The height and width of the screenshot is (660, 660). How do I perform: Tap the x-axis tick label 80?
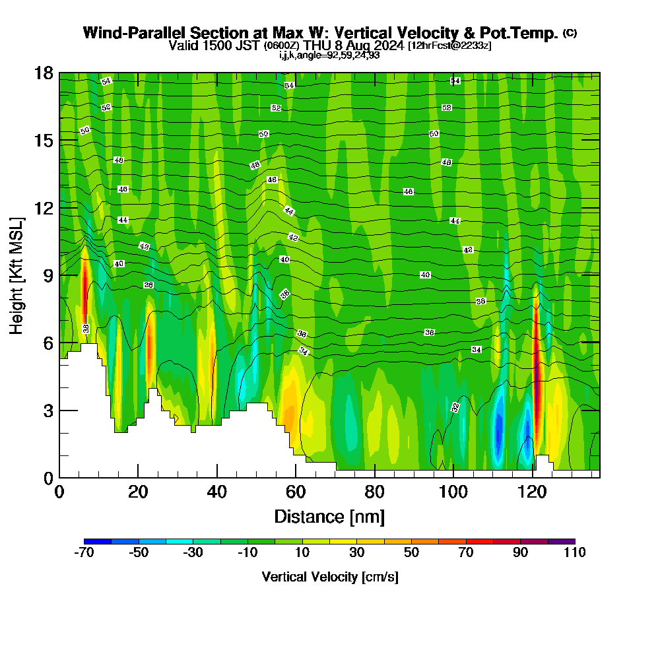374,492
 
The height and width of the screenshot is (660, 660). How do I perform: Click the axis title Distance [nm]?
329,516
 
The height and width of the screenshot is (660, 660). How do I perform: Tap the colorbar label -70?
84,553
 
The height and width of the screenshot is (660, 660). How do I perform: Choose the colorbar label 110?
574,553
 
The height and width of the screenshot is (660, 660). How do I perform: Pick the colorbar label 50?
411,553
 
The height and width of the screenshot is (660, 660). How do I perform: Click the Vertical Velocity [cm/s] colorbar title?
329,577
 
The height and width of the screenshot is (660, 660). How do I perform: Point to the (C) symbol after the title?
570,33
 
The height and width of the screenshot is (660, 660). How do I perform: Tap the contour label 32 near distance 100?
455,407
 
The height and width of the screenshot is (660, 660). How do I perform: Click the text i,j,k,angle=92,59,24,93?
329,55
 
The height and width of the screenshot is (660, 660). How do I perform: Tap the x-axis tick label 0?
59,492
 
